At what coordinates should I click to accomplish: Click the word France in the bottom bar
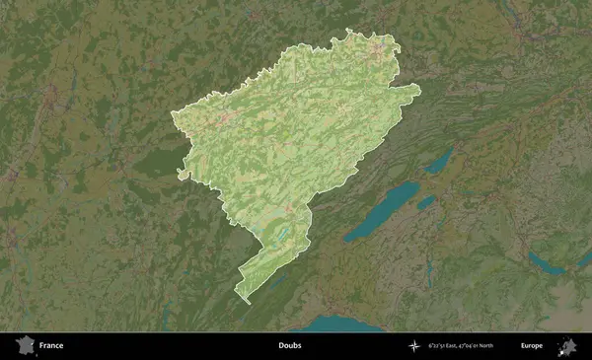(x=51, y=346)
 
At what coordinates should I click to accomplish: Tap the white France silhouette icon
(x=23, y=346)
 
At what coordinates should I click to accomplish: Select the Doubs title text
(x=289, y=346)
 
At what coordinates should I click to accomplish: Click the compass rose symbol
(x=415, y=346)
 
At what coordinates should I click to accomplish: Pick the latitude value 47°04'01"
(x=483, y=346)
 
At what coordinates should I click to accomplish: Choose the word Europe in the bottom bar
(x=532, y=346)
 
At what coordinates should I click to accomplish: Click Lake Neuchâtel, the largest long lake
(x=380, y=210)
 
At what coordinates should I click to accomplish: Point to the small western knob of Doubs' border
(x=181, y=175)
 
